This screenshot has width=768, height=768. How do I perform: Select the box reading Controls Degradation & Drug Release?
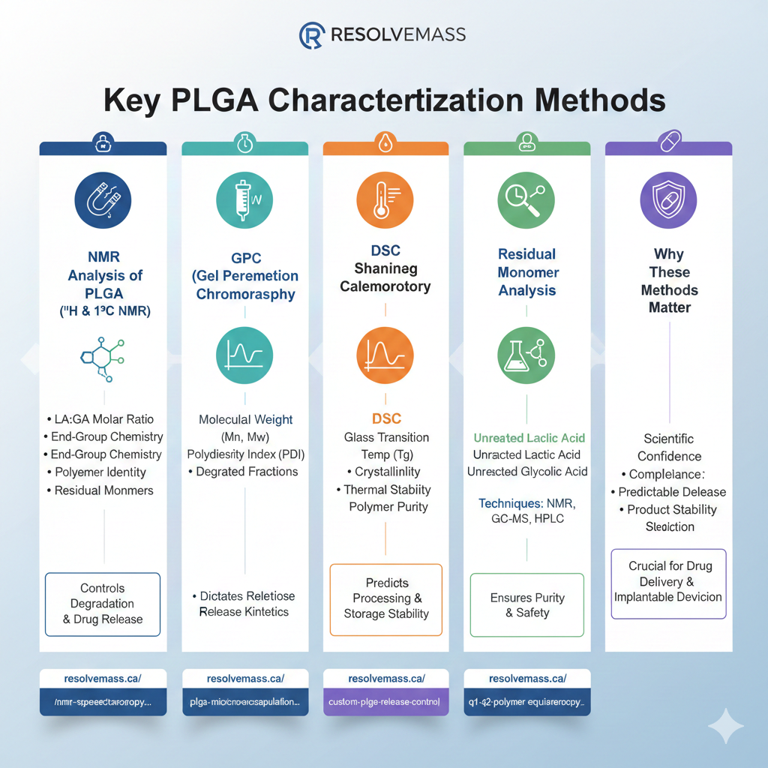coord(103,604)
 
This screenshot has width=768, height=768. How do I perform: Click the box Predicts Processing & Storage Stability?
coord(386,598)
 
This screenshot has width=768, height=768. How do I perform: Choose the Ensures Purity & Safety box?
coord(527,605)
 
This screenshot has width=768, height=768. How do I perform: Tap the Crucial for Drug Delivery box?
coord(668,581)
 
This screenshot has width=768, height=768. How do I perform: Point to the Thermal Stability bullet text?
coord(386,490)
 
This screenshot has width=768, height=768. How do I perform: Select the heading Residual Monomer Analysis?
coord(526,271)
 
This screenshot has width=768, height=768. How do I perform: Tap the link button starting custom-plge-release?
coord(385,703)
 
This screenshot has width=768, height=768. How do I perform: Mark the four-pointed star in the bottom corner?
coord(725,725)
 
